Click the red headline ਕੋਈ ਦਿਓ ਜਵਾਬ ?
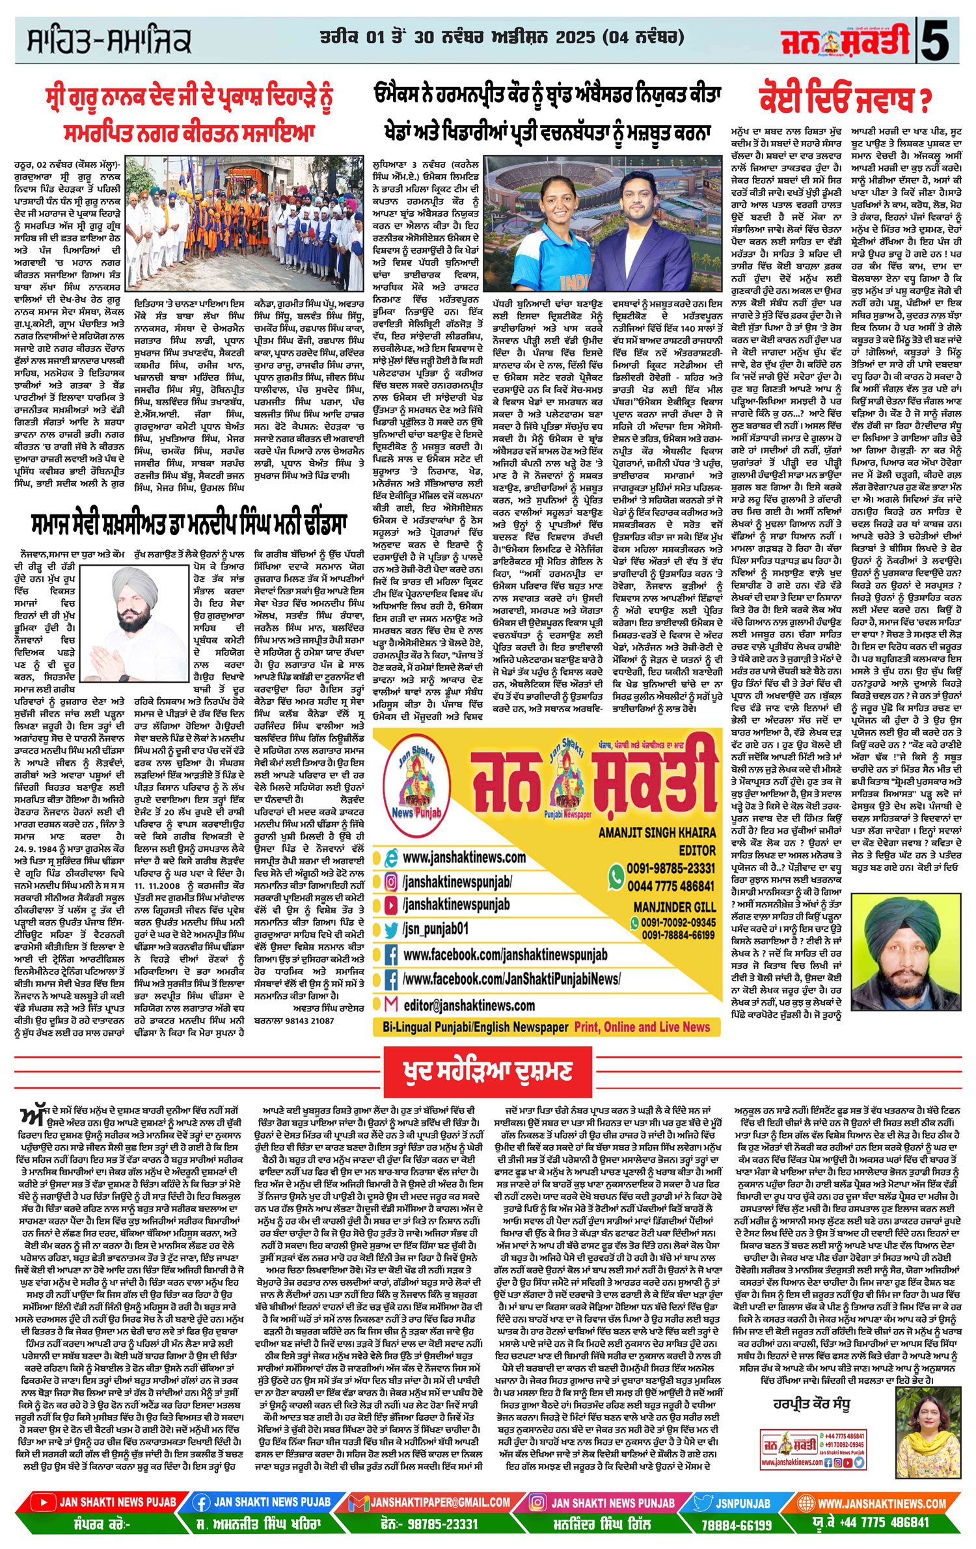coord(844,99)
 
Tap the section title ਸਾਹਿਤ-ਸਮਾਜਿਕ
coord(109,40)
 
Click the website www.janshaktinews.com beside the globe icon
coord(464,857)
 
